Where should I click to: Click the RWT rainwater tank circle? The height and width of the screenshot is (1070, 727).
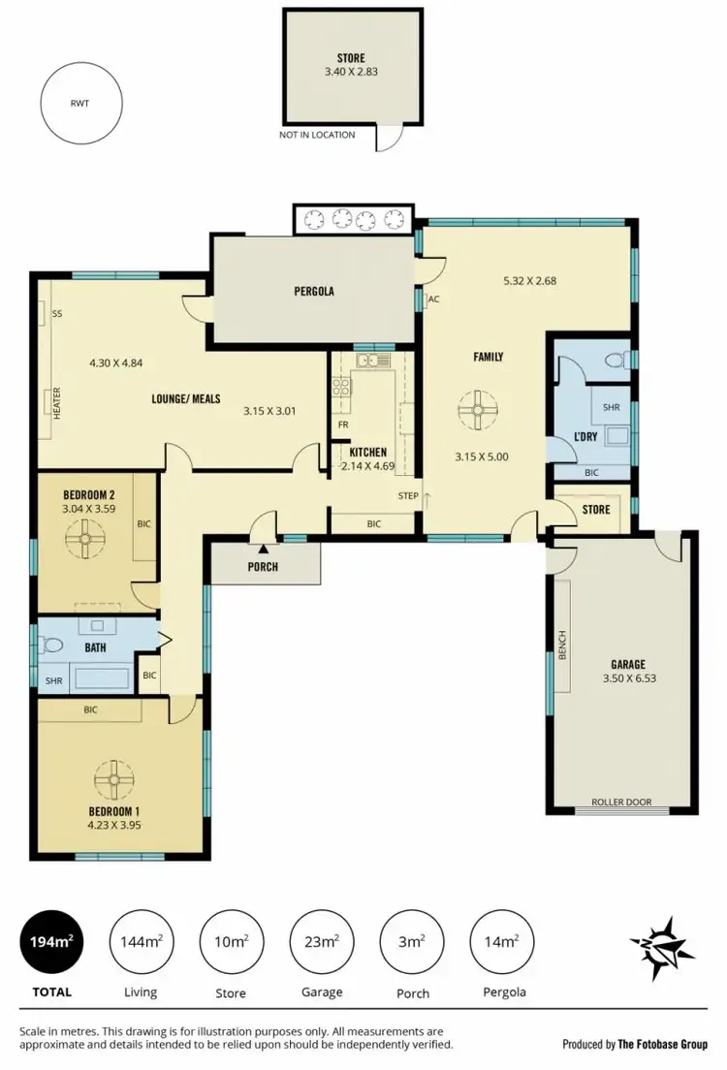click(80, 102)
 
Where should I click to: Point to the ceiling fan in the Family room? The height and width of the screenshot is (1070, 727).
click(476, 410)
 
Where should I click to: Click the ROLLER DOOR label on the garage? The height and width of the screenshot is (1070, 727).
click(621, 803)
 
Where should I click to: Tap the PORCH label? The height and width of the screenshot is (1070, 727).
click(263, 567)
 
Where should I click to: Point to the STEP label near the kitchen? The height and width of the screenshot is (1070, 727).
click(408, 496)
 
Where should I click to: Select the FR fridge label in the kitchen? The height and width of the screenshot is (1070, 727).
click(343, 425)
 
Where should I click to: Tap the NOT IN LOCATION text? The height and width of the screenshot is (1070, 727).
click(317, 135)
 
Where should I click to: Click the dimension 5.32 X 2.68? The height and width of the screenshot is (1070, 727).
click(529, 281)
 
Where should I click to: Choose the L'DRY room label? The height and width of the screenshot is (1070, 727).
click(585, 437)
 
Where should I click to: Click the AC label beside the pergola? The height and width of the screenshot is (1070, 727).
click(433, 299)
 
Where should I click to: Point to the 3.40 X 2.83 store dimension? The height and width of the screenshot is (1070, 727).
click(351, 71)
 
